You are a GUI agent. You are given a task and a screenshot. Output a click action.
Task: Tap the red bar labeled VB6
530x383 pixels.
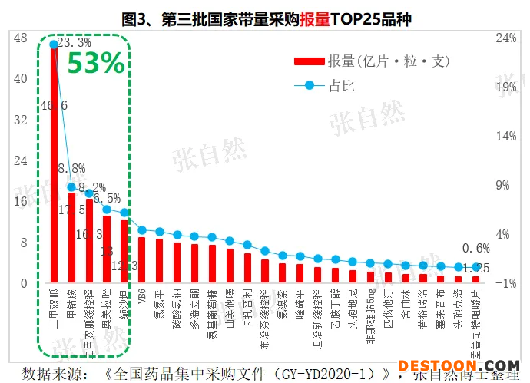(x=141, y=259)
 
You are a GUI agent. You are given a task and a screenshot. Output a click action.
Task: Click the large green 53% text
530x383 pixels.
(x=95, y=64)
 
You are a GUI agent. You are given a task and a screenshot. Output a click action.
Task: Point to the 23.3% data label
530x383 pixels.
(x=74, y=43)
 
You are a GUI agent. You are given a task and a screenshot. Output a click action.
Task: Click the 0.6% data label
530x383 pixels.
(x=476, y=249)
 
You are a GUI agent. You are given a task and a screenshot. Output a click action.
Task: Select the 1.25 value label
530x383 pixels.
(x=476, y=268)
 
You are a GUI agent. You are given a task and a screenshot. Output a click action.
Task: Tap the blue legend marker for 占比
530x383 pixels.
(x=310, y=84)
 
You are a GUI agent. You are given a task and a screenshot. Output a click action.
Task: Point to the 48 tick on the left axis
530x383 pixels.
(x=21, y=38)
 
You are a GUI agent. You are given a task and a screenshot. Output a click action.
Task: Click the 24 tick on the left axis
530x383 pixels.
(x=21, y=160)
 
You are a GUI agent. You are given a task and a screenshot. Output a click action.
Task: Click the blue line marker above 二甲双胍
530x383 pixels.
(x=53, y=44)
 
